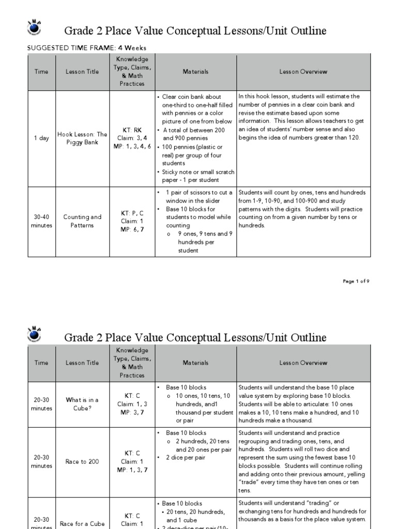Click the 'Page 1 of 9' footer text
click(x=356, y=281)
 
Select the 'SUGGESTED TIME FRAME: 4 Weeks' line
click(x=86, y=48)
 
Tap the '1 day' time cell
click(x=41, y=138)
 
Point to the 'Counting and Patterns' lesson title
click(x=82, y=221)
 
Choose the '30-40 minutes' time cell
click(x=41, y=221)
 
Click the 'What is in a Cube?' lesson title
click(x=82, y=404)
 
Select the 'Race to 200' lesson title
click(x=82, y=461)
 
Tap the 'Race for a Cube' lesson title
click(x=82, y=523)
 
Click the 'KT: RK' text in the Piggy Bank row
click(x=132, y=130)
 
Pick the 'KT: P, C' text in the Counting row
click(x=132, y=213)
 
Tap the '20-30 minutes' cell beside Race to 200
click(x=41, y=461)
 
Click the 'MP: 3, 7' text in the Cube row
click(x=132, y=412)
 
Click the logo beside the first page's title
click(x=34, y=29)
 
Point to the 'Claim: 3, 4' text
click(x=132, y=138)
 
